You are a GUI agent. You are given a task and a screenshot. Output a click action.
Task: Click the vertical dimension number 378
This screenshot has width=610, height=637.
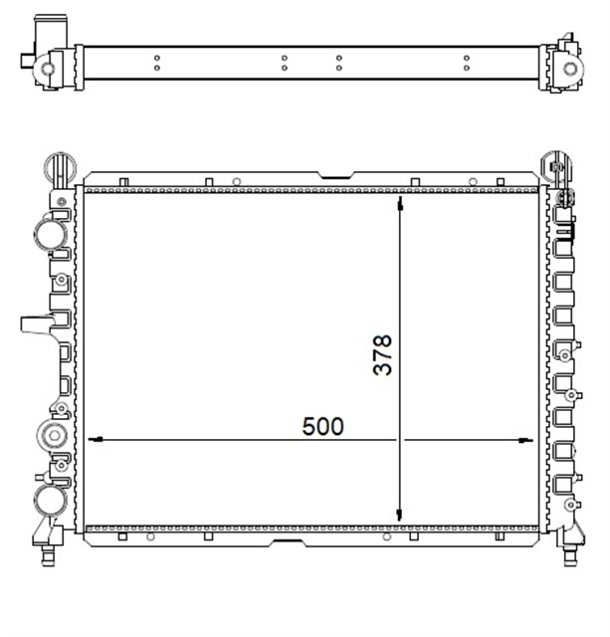tap(383, 354)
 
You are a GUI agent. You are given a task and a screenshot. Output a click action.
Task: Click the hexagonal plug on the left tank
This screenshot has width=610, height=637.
tap(51, 434)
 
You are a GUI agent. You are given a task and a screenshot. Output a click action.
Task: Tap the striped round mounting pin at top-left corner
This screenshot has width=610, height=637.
tap(58, 165)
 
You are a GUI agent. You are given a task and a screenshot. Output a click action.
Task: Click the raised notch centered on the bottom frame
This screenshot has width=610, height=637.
tap(289, 542)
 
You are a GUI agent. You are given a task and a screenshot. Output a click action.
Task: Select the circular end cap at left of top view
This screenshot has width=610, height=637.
tap(45, 70)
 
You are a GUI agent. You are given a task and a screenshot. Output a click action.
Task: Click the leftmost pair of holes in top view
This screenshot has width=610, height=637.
tap(157, 65)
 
